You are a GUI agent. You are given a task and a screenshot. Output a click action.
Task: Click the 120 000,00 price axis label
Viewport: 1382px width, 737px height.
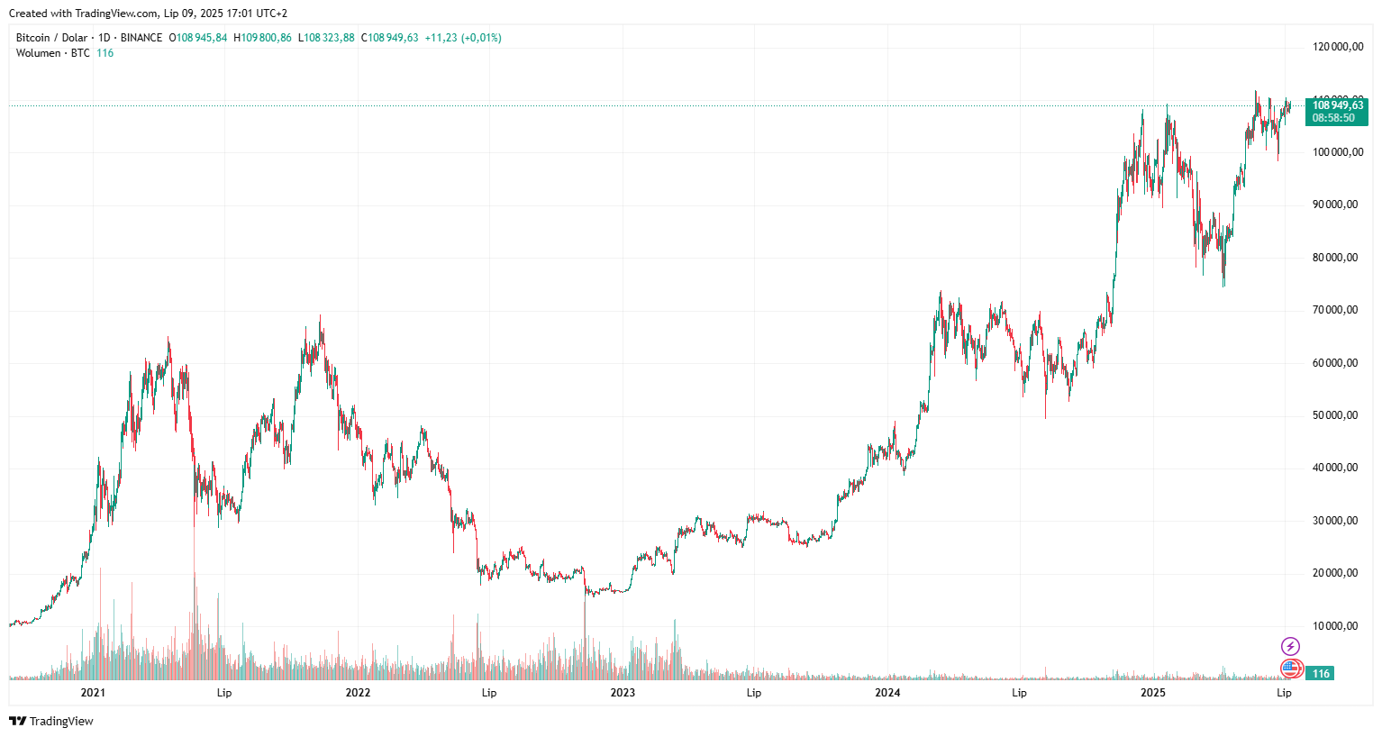(x=1338, y=47)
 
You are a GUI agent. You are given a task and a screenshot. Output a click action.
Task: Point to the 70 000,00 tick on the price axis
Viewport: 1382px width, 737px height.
(x=1335, y=310)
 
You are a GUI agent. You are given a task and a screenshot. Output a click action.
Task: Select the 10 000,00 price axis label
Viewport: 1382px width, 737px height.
(x=1335, y=626)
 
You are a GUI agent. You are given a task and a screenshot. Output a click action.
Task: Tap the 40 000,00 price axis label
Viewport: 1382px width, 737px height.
(x=1335, y=468)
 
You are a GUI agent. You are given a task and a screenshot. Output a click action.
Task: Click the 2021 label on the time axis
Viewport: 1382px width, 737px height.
(x=93, y=693)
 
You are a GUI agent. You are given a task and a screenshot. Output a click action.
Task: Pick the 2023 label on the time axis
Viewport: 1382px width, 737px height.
(x=623, y=693)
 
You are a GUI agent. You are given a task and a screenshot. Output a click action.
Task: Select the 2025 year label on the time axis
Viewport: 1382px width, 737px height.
(x=1152, y=693)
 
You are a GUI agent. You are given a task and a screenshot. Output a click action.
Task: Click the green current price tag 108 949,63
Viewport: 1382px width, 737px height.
(x=1337, y=105)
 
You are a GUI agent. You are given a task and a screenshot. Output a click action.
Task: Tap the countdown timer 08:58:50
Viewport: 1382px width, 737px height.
(x=1333, y=118)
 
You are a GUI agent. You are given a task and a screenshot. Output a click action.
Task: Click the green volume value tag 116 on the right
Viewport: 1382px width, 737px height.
(x=1321, y=674)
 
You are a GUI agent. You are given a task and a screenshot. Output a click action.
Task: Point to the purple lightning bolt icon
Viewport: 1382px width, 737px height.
(x=1291, y=646)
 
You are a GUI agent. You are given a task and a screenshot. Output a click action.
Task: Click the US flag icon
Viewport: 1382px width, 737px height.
(x=1291, y=669)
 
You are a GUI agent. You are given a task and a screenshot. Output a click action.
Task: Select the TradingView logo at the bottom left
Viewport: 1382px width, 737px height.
(x=51, y=721)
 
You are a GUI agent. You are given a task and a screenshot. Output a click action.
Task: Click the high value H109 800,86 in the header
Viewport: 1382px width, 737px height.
(x=262, y=38)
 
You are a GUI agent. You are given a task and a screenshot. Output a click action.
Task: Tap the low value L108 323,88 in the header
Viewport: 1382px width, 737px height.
(x=326, y=38)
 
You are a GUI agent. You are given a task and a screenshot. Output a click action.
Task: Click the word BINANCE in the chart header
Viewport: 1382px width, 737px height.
(x=141, y=38)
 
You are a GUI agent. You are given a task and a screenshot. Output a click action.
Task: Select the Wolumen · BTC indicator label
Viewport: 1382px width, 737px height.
(x=52, y=53)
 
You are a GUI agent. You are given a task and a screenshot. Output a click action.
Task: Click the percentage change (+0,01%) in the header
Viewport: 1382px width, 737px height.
(x=481, y=38)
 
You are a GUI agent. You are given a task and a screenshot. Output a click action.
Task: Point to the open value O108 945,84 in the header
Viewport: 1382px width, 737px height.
(x=198, y=38)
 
